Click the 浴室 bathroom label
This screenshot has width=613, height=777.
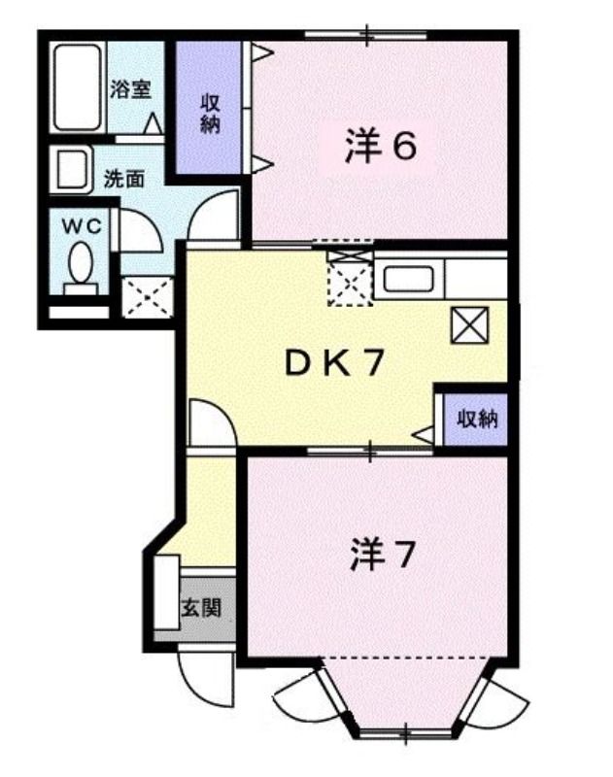(x=130, y=89)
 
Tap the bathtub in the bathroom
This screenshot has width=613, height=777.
(x=77, y=87)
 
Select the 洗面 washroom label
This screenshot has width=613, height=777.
(x=124, y=179)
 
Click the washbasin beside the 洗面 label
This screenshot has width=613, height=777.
(x=72, y=169)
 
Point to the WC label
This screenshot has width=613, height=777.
(x=82, y=226)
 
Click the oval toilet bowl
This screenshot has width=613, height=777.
(x=82, y=262)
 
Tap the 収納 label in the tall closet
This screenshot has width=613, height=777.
(x=210, y=114)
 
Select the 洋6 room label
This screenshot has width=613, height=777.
(x=380, y=146)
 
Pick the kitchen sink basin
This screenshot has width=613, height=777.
(x=409, y=279)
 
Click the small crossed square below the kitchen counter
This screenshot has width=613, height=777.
(x=469, y=324)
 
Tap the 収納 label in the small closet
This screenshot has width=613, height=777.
(x=477, y=420)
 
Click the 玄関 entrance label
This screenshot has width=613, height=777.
(x=201, y=607)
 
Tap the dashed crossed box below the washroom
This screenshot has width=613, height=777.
(x=148, y=297)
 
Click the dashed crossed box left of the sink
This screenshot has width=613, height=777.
(x=350, y=279)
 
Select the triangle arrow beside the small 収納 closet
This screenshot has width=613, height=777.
(x=423, y=435)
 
